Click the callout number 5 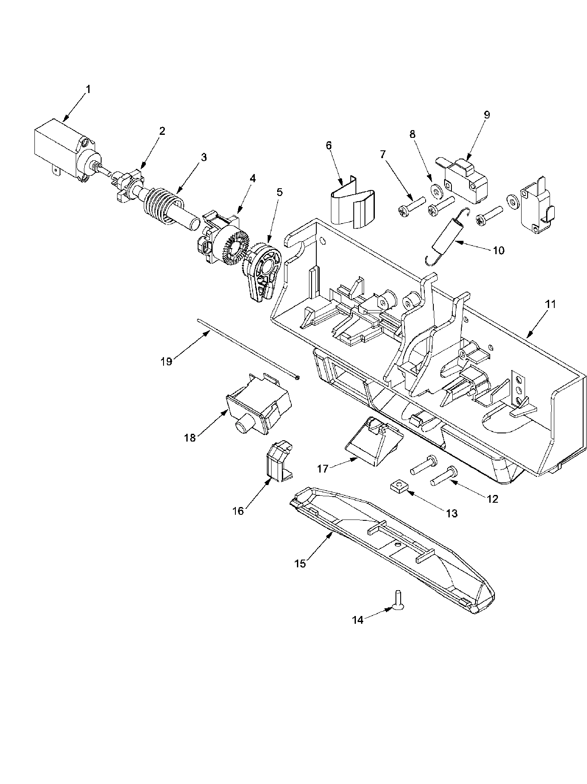(x=280, y=192)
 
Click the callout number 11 (x=550, y=304)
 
